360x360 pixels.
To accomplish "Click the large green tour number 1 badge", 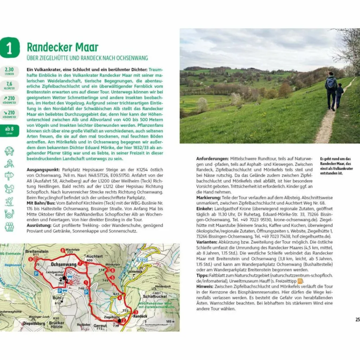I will pyautogui.click(x=9, y=48).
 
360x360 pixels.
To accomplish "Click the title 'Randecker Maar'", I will pyautogui.click(x=63, y=47).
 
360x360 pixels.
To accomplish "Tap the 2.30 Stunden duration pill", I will pyautogui.click(x=9, y=71).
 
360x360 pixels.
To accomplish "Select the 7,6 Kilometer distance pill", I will pyautogui.click(x=9, y=85).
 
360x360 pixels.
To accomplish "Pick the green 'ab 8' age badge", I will pyautogui.click(x=9, y=130).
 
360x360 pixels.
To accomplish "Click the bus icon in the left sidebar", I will pyautogui.click(x=9, y=151).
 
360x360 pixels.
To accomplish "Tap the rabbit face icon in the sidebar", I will pyautogui.click(x=9, y=189).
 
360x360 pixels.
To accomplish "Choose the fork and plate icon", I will pyautogui.click(x=9, y=214).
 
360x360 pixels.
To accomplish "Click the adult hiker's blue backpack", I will pyautogui.click(x=330, y=83).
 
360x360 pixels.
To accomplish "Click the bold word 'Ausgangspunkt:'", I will pyautogui.click(x=40, y=169).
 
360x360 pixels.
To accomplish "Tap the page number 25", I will pyautogui.click(x=357, y=320).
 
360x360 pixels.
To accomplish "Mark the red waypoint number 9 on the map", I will pyautogui.click(x=31, y=259).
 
